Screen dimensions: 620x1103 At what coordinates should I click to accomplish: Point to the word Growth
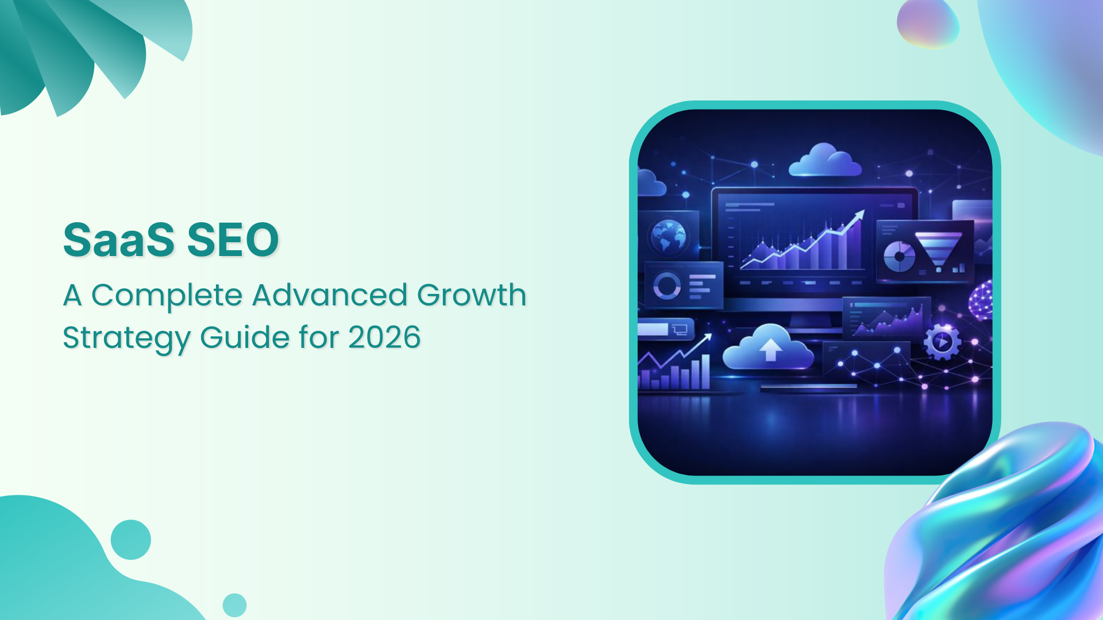471,295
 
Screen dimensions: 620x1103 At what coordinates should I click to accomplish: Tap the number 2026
384,337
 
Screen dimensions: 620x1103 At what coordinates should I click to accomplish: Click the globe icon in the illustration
668,236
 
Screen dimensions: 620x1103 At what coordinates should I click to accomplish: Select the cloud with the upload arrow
769,348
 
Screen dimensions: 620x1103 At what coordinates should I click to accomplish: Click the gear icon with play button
942,342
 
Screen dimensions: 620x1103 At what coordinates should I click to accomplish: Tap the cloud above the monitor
825,160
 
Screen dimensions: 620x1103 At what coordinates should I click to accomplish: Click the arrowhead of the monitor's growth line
859,214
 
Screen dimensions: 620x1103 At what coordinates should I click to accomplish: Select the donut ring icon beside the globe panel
667,285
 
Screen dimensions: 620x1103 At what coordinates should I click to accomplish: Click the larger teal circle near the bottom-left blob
131,540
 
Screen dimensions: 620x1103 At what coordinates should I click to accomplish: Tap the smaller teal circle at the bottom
234,605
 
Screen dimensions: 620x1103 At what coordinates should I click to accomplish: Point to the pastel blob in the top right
928,23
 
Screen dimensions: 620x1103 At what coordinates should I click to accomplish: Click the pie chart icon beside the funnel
899,257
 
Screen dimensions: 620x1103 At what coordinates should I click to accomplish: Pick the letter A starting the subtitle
72,296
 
